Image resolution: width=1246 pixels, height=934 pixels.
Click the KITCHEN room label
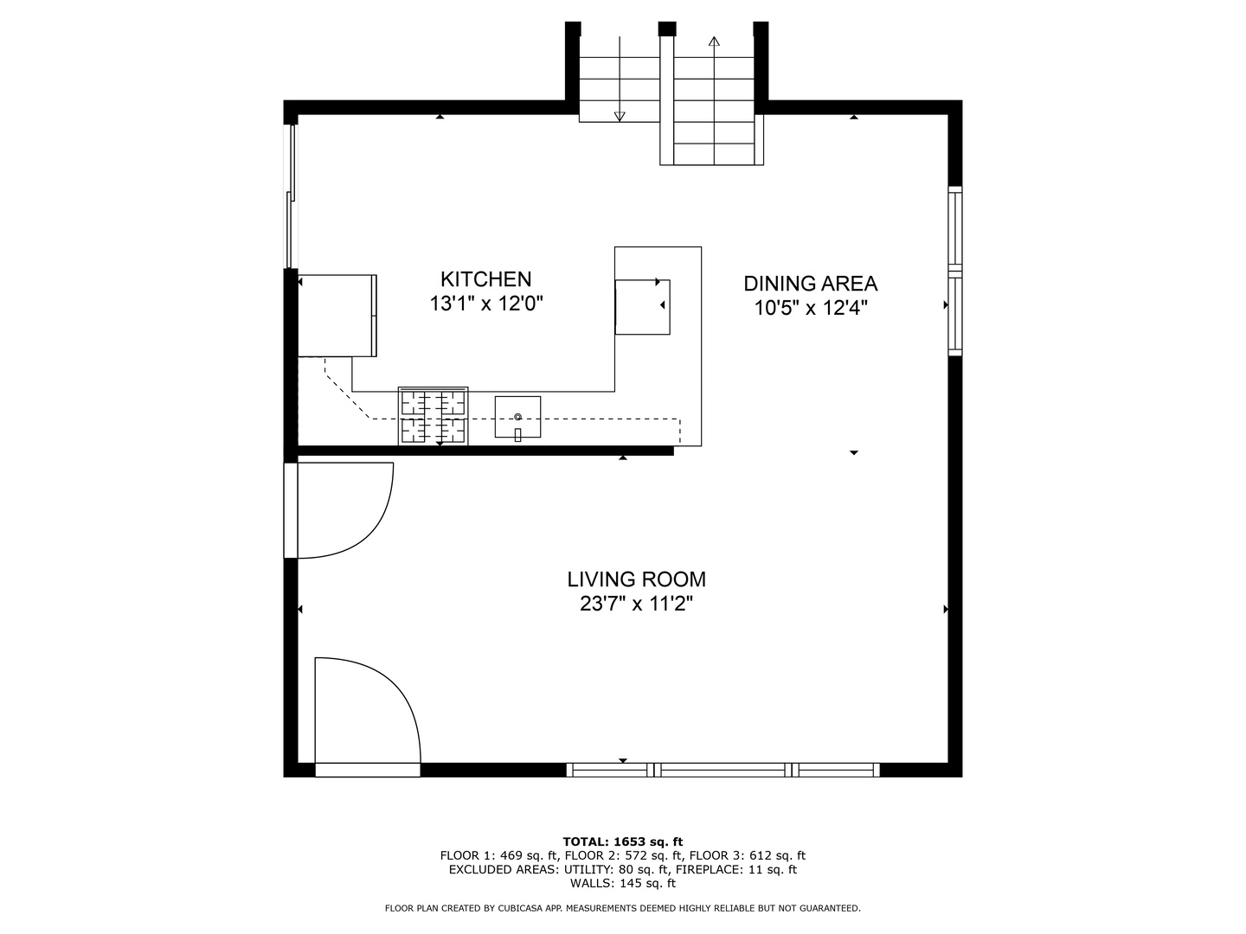pyautogui.click(x=485, y=279)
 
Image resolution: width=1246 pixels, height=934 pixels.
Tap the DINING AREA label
pyautogui.click(x=811, y=284)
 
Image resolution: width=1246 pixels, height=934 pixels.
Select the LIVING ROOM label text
pyautogui.click(x=636, y=579)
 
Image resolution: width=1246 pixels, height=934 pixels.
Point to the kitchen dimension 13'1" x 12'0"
pyautogui.click(x=485, y=304)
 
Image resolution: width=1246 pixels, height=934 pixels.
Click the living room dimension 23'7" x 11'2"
pyautogui.click(x=636, y=604)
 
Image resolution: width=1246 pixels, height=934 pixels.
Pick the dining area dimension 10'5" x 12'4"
pyautogui.click(x=811, y=308)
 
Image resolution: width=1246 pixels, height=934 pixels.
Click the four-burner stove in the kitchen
pyautogui.click(x=433, y=416)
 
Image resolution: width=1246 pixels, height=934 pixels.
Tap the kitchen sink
pyautogui.click(x=517, y=417)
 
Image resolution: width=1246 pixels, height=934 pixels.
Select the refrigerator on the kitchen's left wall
pyautogui.click(x=337, y=316)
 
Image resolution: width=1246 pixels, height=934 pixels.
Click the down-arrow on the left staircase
pyautogui.click(x=620, y=116)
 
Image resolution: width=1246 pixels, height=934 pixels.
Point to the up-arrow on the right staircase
pyautogui.click(x=714, y=42)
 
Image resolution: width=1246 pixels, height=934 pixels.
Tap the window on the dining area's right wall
pyautogui.click(x=955, y=271)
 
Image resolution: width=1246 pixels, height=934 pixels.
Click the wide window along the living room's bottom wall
pyautogui.click(x=723, y=770)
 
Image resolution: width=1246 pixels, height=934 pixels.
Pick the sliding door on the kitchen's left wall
pyautogui.click(x=292, y=196)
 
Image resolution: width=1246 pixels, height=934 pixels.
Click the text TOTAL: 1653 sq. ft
pyautogui.click(x=622, y=841)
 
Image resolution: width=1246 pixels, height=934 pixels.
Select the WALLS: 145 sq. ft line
pyautogui.click(x=622, y=883)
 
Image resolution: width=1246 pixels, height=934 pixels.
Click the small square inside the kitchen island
pyautogui.click(x=642, y=307)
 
